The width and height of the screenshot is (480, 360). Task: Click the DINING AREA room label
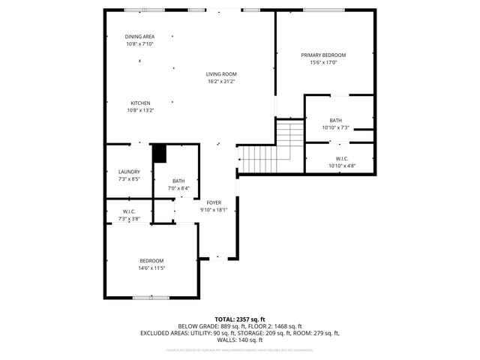(139, 36)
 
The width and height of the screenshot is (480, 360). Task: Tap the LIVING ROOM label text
(222, 73)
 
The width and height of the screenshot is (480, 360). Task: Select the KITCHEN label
(140, 103)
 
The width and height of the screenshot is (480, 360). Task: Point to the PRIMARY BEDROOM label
(324, 55)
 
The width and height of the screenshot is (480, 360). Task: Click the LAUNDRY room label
(129, 172)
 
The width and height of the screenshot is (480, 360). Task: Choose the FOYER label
(214, 202)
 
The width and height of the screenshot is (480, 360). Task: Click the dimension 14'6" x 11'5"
(151, 268)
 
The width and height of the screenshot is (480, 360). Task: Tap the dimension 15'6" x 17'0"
(324, 62)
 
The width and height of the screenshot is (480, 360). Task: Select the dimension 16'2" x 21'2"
(222, 81)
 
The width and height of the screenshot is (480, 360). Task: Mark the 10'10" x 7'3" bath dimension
(335, 128)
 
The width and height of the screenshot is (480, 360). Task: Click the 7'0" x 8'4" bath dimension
(178, 188)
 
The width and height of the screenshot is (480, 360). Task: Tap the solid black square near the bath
(159, 154)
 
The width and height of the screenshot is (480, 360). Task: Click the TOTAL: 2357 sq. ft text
(240, 319)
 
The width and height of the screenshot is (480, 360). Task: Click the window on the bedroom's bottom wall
(150, 298)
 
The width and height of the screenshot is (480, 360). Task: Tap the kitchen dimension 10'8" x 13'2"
(140, 110)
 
